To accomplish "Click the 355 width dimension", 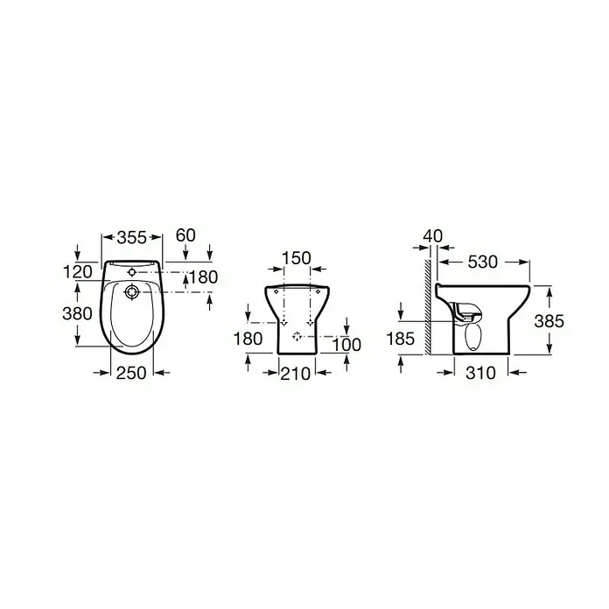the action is tap(132, 237).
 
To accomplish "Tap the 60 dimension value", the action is tap(185, 235).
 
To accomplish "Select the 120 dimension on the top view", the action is tap(78, 272).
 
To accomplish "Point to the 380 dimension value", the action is tap(77, 313).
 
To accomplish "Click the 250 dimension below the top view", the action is tap(131, 373).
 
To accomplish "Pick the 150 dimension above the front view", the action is tap(297, 258).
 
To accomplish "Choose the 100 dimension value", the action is tap(347, 345).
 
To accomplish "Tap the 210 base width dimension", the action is tap(296, 374).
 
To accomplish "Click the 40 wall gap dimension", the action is tap(433, 235).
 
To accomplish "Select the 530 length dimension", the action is tap(482, 262).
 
